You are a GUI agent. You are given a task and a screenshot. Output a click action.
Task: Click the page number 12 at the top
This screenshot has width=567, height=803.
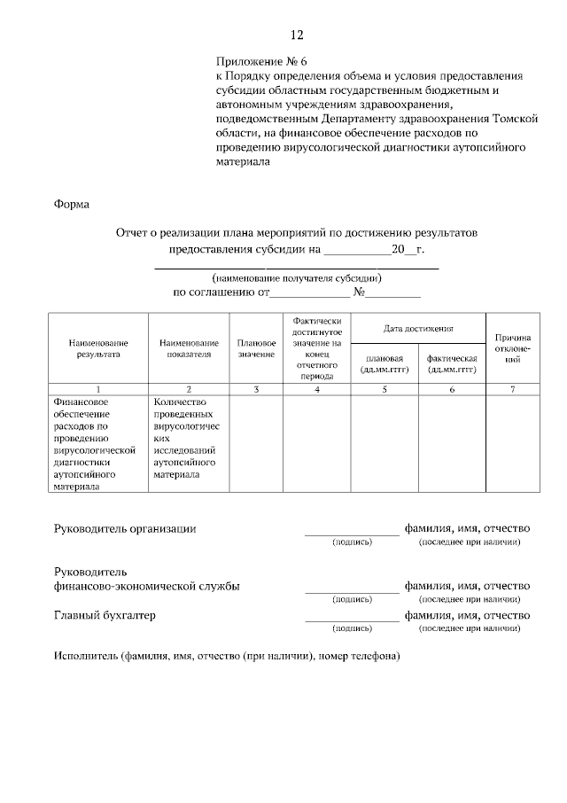point(296,35)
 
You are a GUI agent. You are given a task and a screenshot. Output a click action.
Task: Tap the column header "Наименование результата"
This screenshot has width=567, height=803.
point(97,348)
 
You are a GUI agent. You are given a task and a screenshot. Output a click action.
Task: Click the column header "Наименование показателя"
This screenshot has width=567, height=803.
point(189,348)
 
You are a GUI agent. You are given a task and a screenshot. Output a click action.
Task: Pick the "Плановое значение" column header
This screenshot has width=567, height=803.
point(256,348)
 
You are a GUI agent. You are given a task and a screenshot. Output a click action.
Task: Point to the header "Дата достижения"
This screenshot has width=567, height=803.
point(418,329)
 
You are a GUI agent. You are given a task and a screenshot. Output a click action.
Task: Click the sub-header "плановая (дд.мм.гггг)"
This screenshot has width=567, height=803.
point(384,363)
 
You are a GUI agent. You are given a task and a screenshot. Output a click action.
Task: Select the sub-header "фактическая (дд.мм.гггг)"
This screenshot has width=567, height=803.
point(452,363)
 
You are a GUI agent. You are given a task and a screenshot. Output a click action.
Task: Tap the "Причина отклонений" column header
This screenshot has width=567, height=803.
point(513,348)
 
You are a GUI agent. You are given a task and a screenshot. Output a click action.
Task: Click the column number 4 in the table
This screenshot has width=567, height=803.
point(316,389)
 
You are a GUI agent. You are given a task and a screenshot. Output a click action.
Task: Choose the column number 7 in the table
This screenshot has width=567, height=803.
point(513,389)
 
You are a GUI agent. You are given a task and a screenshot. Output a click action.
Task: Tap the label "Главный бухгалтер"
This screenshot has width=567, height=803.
point(110,615)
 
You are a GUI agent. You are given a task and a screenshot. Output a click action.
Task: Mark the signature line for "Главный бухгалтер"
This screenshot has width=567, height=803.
point(352,619)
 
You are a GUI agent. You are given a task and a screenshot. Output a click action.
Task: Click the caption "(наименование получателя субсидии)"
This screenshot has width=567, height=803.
point(297,278)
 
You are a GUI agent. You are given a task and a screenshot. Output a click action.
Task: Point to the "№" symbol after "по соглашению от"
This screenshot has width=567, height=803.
point(360,292)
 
